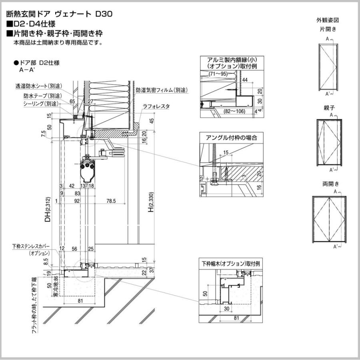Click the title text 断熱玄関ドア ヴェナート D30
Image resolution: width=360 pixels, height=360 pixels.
59,14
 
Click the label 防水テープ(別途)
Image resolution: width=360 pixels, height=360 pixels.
42,96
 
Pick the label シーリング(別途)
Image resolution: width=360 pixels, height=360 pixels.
41,104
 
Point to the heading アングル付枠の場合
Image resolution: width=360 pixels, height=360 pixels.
231,137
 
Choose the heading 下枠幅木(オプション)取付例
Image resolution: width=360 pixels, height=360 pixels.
231,264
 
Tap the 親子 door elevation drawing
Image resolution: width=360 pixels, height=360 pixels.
329,142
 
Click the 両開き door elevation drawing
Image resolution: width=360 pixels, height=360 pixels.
330,218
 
